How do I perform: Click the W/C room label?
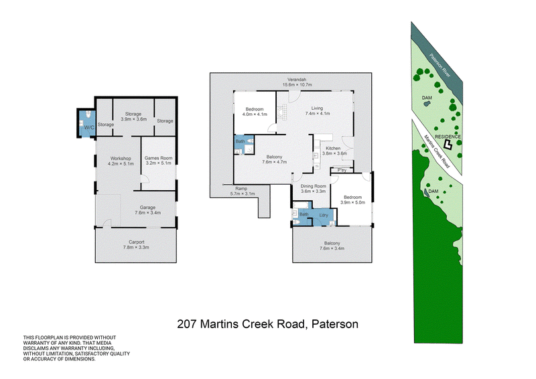pos(90,127)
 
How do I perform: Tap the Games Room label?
pos(158,158)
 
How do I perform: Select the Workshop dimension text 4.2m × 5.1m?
pos(121,163)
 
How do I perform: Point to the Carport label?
pos(136,242)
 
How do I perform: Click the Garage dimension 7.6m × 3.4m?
pos(147,212)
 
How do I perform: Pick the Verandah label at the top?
pos(297,79)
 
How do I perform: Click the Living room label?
pos(317,108)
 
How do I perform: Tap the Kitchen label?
pos(333,149)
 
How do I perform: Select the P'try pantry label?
pos(342,170)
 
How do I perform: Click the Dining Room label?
pos(313,186)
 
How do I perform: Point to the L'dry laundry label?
pos(324,216)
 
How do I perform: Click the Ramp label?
pos(241,189)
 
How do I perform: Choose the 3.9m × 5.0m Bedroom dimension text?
pos(352,202)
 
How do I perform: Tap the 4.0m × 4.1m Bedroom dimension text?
pos(255,114)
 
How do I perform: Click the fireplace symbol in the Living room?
pos(281,112)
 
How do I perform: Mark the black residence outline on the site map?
pos(448,145)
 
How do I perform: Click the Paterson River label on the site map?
pos(440,65)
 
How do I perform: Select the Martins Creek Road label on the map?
pos(437,151)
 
